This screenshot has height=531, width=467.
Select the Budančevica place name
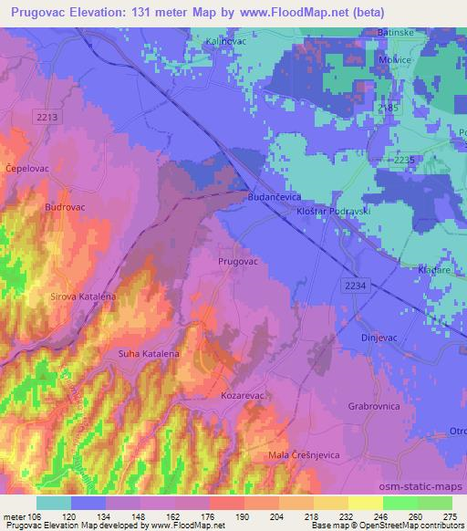[x=275, y=195]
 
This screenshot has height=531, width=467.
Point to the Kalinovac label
[x=226, y=42]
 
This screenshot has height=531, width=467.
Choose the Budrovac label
[x=65, y=207]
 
